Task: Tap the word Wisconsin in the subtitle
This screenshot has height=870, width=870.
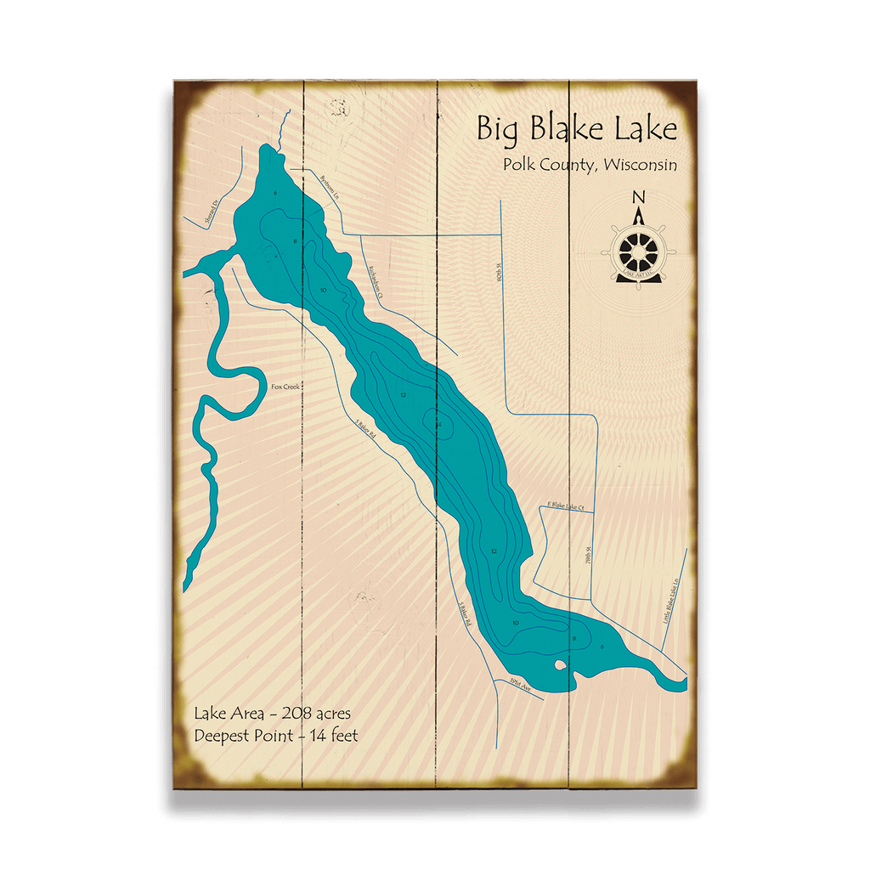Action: [639, 165]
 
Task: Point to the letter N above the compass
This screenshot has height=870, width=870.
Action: [639, 198]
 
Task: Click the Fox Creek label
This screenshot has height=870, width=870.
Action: [285, 387]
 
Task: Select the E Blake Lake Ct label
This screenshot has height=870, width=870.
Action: [565, 506]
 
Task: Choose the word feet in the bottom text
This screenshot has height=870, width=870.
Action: [342, 736]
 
